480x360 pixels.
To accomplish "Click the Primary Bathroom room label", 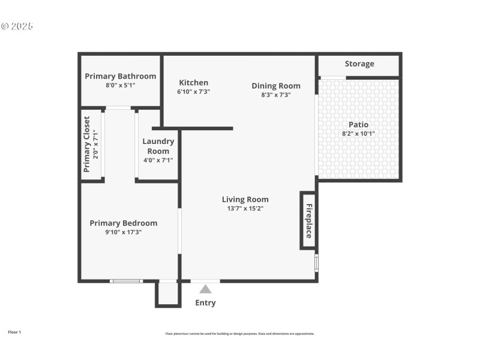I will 120,76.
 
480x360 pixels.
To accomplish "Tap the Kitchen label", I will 194,83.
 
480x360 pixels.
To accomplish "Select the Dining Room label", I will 276,86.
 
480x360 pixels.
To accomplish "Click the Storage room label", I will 359,64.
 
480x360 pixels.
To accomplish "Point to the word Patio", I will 358,125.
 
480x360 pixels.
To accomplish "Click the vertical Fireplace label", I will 309,221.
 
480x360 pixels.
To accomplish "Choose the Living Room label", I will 245,200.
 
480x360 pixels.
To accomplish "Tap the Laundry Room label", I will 158,146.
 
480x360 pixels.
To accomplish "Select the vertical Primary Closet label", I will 86,144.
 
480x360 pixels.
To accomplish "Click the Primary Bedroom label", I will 124,223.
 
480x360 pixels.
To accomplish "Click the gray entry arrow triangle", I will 205,289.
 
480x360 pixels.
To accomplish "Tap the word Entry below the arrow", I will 205,303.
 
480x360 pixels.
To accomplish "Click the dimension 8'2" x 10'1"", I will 358,134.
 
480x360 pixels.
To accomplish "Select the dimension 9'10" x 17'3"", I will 124,232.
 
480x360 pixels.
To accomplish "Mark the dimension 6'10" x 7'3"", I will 193,92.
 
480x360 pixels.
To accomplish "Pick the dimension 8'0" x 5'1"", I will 120,85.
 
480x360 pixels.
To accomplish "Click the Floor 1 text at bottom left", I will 14,332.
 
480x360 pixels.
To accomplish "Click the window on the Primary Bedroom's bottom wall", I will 126,281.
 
